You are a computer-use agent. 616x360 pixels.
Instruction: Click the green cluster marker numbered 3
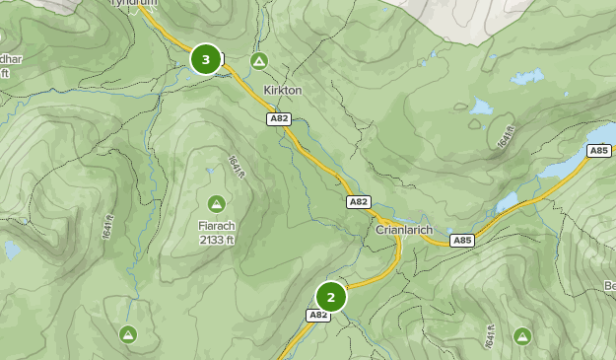tap(205, 59)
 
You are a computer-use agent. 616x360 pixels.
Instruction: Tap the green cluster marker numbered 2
tap(331, 297)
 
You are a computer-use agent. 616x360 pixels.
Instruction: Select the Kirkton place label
tap(282, 90)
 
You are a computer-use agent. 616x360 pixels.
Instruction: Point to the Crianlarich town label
tap(404, 229)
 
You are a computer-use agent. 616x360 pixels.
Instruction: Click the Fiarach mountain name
tap(216, 225)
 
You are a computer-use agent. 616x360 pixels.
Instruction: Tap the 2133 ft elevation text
tap(216, 239)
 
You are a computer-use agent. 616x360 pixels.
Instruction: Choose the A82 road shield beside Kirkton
tap(278, 118)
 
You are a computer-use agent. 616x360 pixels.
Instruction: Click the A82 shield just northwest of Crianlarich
tap(359, 201)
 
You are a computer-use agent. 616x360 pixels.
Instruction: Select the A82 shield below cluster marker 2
tap(317, 316)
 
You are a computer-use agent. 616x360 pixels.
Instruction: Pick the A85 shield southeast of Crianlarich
tap(461, 240)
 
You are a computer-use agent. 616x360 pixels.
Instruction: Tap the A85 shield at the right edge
tap(598, 150)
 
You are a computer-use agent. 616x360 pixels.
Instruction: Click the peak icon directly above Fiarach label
tap(216, 203)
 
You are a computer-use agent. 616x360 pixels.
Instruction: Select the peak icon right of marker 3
tap(258, 61)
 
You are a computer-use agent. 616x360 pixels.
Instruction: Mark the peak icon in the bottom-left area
tap(128, 334)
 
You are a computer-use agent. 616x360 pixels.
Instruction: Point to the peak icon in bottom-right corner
tap(522, 336)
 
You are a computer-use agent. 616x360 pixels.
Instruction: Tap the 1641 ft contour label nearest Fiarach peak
tap(236, 167)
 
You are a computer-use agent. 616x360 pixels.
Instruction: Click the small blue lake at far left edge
tap(10, 249)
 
